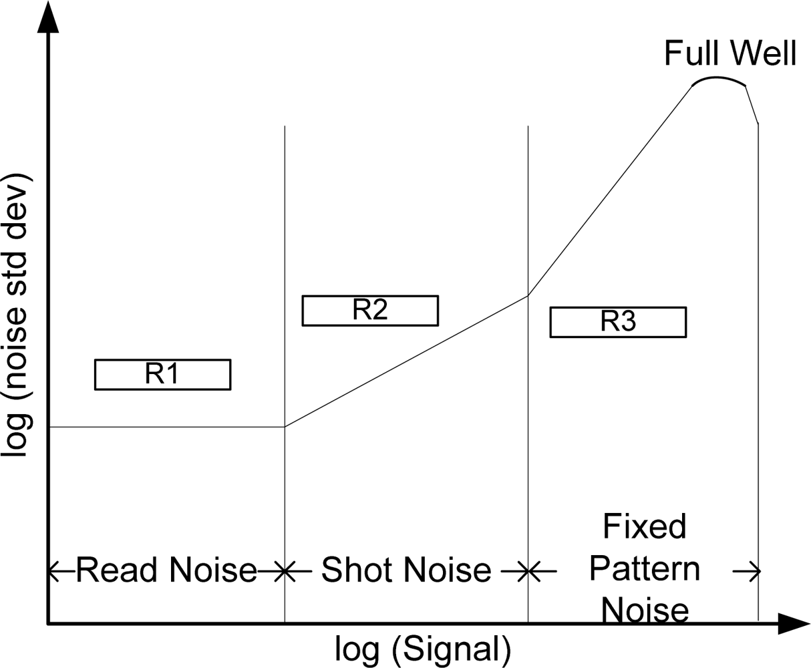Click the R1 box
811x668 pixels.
tap(162, 374)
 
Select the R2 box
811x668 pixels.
tap(370, 310)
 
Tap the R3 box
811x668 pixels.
tap(618, 322)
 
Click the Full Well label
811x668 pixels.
tap(729, 53)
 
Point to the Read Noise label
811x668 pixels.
tap(166, 570)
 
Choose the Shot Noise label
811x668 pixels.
tap(406, 570)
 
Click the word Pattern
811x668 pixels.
tap(645, 569)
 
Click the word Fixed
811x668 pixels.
tap(645, 526)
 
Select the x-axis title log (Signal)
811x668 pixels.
tap(423, 649)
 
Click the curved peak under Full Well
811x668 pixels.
tap(719, 79)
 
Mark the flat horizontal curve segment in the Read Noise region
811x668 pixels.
tap(167, 427)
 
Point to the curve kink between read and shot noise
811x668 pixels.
tap(285, 427)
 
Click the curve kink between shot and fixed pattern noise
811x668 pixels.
tap(528, 295)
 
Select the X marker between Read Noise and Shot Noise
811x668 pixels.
tap(285, 571)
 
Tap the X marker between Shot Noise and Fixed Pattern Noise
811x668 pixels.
tap(528, 571)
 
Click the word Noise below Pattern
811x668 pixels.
tap(645, 611)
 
